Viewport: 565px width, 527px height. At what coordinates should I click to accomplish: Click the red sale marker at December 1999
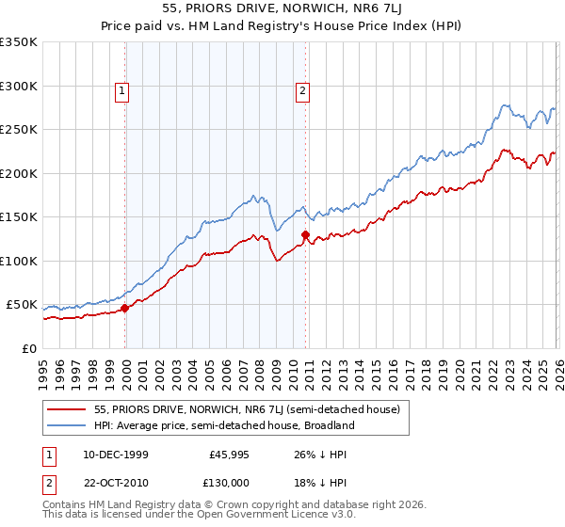(x=125, y=308)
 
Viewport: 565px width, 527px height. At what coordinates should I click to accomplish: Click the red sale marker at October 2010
(x=305, y=234)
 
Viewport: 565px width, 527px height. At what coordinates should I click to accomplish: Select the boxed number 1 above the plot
(x=123, y=91)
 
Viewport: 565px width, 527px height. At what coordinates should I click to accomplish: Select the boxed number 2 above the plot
(x=302, y=91)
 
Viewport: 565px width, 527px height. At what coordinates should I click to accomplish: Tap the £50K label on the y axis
(x=21, y=305)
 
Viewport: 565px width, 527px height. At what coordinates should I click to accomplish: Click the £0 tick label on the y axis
(x=28, y=348)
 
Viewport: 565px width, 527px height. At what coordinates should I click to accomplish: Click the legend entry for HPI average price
(x=224, y=425)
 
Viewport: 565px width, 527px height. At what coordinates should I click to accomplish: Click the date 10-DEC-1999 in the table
(x=115, y=455)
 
